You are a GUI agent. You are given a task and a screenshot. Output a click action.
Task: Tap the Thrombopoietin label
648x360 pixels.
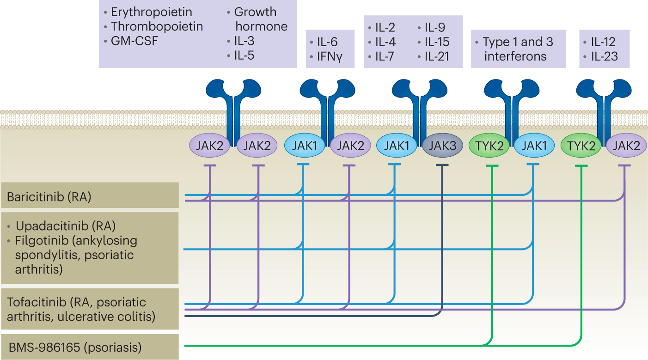tap(157, 26)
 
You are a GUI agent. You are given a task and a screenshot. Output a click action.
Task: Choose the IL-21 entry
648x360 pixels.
tap(437, 56)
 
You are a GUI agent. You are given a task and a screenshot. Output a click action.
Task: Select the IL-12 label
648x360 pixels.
tap(603, 43)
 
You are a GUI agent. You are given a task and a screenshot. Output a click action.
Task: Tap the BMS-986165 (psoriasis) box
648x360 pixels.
tap(90, 347)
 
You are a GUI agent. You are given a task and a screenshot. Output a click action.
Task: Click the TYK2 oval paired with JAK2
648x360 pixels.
tap(581, 146)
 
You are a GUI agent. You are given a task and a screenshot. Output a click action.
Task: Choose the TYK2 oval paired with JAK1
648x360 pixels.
tap(489, 146)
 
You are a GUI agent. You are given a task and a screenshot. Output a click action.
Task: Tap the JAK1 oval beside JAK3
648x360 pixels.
tap(397, 146)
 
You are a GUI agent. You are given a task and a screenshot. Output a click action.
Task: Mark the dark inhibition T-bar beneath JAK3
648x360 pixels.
tap(442, 165)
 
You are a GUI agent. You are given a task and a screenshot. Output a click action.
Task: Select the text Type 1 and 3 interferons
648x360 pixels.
tap(518, 49)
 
